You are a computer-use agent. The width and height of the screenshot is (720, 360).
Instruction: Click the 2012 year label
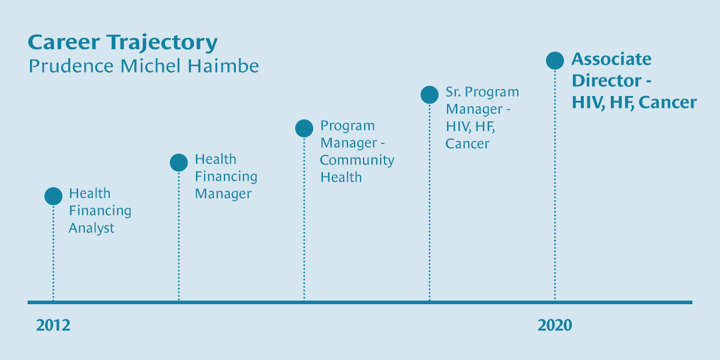53,325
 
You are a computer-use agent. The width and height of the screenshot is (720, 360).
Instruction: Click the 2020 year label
555,325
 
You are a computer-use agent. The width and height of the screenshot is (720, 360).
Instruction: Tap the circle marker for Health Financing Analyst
53,196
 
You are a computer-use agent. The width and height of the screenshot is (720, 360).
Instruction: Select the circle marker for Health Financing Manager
179,163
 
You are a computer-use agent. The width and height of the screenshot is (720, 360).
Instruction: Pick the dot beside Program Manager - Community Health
304,128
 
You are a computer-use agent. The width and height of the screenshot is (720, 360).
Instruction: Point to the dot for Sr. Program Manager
430,95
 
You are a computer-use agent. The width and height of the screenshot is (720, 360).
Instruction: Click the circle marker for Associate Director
555,61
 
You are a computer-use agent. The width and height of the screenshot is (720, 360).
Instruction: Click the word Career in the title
64,42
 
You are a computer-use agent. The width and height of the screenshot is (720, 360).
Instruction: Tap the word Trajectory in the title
163,43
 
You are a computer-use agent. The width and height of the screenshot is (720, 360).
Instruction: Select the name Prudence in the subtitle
71,66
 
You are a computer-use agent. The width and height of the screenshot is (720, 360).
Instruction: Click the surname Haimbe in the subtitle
223,66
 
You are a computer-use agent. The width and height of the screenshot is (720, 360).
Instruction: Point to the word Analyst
92,228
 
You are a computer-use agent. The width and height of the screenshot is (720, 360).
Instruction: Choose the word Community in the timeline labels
357,160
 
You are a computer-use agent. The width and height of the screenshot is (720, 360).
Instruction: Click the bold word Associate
611,59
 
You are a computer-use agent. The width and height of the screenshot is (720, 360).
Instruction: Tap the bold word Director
607,80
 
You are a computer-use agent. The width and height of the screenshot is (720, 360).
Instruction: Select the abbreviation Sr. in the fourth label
453,92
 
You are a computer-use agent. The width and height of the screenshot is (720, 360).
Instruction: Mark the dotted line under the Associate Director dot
555,185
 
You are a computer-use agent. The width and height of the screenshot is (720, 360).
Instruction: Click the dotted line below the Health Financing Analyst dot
53,253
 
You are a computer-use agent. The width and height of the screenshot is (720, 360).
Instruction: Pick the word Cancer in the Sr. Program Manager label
467,143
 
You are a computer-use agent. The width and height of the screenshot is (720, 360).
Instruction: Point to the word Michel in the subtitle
151,66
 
